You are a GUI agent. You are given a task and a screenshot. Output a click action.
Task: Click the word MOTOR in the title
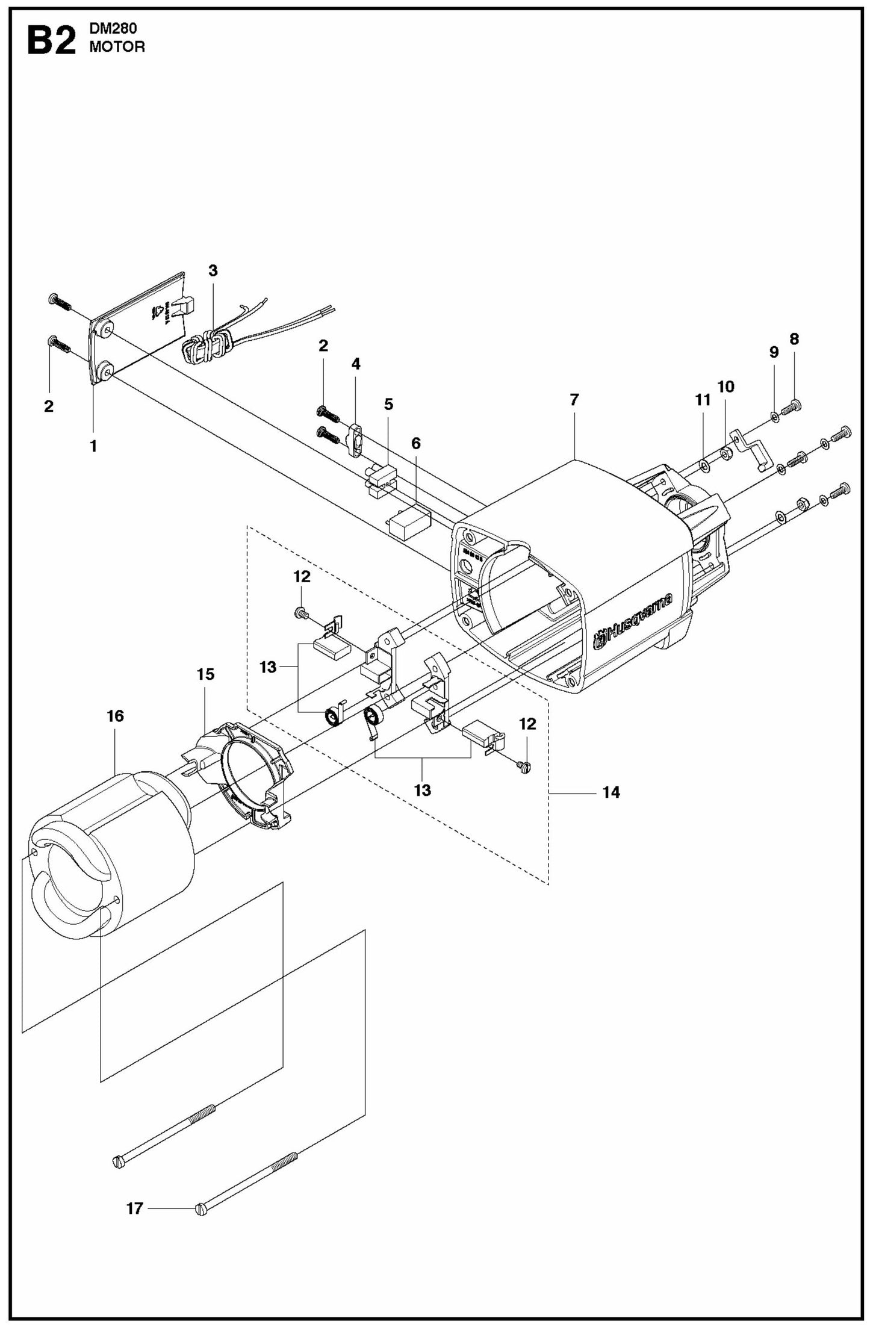pos(117,48)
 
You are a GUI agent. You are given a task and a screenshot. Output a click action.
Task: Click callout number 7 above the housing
pos(574,400)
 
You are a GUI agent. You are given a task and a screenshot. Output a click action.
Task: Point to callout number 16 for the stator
pos(115,716)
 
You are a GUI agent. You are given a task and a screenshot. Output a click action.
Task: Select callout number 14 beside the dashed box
pos(611,793)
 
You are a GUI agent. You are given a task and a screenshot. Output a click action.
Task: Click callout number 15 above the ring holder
pos(205,674)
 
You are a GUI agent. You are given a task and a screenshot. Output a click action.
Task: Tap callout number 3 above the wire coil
pos(213,271)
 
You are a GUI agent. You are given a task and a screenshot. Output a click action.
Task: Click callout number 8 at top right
pos(794,339)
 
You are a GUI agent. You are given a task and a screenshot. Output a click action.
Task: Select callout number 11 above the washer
pos(703,400)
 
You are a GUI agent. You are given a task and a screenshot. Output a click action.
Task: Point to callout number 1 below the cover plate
pos(93,446)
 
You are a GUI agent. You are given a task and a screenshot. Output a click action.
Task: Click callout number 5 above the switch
pos(388,405)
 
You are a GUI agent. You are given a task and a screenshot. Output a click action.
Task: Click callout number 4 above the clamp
pos(356,364)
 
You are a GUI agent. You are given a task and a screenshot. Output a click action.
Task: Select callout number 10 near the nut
pos(726,387)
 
